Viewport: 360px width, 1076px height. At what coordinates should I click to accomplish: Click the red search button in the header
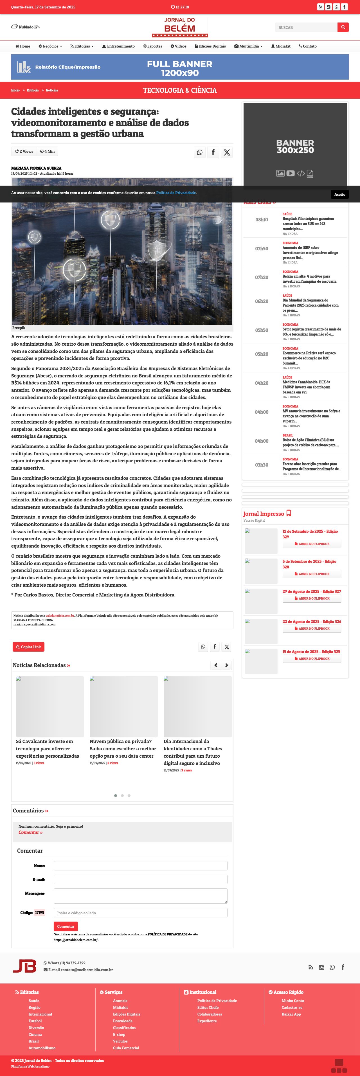(x=343, y=27)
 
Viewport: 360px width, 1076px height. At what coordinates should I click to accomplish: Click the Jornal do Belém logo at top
(x=180, y=27)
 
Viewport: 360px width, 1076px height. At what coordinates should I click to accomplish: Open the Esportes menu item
(x=152, y=46)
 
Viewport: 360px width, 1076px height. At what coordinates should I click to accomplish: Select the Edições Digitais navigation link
(x=210, y=46)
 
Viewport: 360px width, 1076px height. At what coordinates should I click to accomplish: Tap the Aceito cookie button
(x=339, y=194)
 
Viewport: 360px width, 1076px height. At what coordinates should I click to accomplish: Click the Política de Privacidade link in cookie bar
(x=176, y=193)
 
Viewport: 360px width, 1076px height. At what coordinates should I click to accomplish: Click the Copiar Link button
(x=28, y=647)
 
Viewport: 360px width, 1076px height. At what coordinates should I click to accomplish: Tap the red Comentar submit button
(x=66, y=926)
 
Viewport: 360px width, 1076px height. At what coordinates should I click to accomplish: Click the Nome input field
(x=140, y=865)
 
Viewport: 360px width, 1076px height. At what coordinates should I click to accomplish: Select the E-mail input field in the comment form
(x=140, y=879)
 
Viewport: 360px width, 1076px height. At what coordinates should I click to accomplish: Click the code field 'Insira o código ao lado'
(x=140, y=913)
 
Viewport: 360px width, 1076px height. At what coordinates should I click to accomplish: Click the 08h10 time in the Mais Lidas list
(x=262, y=220)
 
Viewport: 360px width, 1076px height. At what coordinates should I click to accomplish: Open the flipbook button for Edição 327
(x=312, y=598)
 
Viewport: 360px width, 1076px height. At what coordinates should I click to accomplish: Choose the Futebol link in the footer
(x=35, y=1021)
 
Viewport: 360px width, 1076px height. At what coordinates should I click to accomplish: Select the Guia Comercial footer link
(x=126, y=1048)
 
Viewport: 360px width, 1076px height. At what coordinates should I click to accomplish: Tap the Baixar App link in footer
(x=291, y=1014)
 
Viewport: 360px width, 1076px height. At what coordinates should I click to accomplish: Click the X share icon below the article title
(x=227, y=152)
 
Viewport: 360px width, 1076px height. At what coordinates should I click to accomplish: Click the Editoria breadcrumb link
(x=33, y=90)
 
